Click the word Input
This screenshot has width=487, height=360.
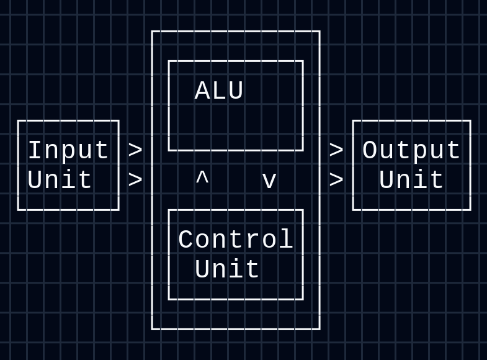coord(68,151)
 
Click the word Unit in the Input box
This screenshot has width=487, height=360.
coord(60,181)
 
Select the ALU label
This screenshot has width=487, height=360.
coord(219,91)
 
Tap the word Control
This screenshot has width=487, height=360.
coord(235,240)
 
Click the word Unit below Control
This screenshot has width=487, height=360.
coord(227,270)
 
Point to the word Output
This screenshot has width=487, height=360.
coord(411,151)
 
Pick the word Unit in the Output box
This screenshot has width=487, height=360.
coord(411,181)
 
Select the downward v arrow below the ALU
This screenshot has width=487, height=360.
coord(269,181)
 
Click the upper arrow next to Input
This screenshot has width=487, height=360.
coord(135,151)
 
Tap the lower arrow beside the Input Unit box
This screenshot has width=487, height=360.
coord(135,181)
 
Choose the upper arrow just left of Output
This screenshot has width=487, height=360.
coord(336,151)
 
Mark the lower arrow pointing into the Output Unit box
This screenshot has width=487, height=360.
coord(336,181)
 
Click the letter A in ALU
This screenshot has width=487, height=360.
coord(202,91)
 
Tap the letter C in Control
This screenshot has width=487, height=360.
coord(185,240)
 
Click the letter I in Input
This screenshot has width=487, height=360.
coord(35,151)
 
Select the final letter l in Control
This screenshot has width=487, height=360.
coord(286,240)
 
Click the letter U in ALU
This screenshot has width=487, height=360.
coord(236,91)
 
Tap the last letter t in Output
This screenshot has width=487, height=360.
coord(453,151)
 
